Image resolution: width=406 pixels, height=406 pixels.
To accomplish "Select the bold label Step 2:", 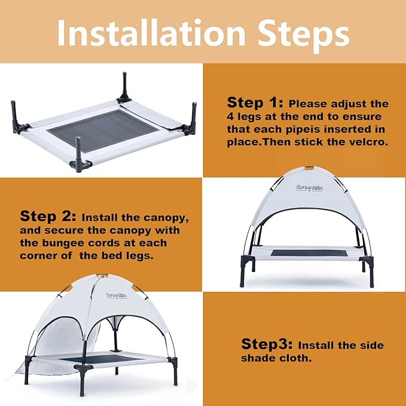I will coord(48,216).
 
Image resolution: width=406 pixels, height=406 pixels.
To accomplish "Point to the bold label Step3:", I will coord(267,344).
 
